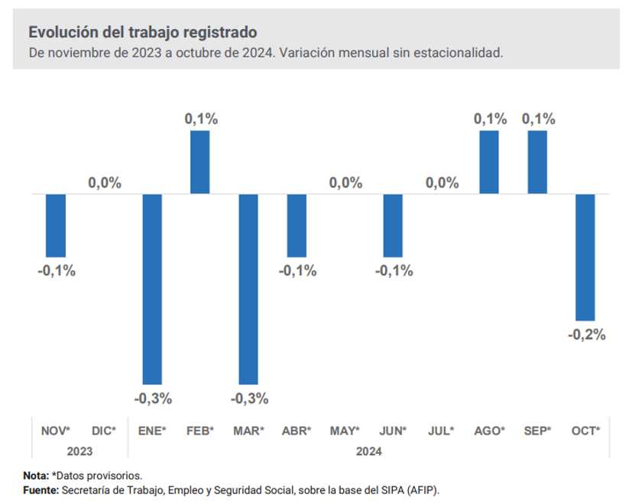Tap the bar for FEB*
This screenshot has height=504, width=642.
click(200, 163)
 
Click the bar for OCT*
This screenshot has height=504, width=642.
click(585, 257)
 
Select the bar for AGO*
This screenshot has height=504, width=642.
click(489, 163)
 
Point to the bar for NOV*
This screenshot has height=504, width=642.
click(56, 226)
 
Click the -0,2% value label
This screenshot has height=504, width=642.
click(586, 334)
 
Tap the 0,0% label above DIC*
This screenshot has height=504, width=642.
click(105, 183)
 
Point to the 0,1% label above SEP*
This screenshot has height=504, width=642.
click(538, 118)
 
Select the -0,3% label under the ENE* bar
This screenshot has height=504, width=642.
click(153, 398)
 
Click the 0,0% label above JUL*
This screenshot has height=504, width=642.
click(442, 183)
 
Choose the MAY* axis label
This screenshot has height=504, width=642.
click(345, 431)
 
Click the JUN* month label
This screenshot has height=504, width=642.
click(394, 431)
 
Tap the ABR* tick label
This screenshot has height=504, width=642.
click(297, 431)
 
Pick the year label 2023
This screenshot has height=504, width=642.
click(79, 451)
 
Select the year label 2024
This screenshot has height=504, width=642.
click(369, 451)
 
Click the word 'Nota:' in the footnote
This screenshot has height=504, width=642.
click(36, 475)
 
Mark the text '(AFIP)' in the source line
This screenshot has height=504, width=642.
click(423, 489)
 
